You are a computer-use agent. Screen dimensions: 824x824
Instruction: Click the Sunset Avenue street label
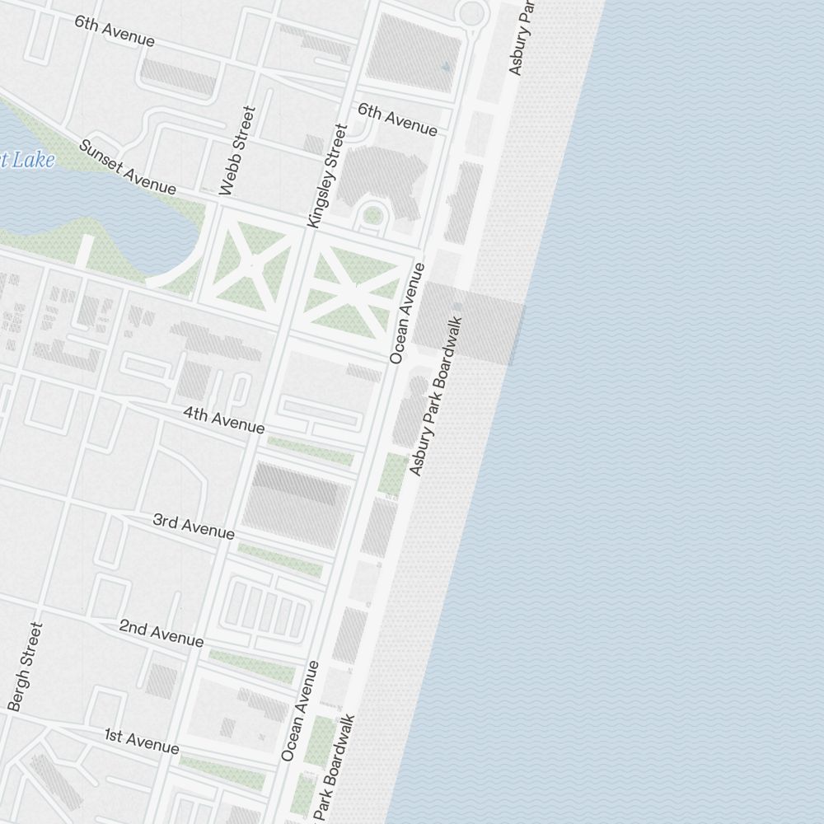coord(127,167)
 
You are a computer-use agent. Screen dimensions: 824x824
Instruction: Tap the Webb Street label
coord(237,150)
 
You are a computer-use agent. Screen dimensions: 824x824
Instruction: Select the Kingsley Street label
coord(328,176)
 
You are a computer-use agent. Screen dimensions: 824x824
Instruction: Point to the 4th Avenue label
coord(224,420)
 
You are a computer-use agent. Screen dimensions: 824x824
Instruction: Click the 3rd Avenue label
coord(194,527)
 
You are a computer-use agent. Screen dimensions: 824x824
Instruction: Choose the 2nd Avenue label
coord(161,633)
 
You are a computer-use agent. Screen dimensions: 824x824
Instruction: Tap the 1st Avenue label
coord(142,740)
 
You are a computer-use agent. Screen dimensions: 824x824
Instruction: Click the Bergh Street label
coord(25,666)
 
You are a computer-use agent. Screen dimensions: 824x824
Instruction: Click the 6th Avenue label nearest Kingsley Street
coord(397,119)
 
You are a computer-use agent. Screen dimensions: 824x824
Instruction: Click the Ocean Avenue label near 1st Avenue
coord(299,710)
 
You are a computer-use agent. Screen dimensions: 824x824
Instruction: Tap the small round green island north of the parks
coord(372,216)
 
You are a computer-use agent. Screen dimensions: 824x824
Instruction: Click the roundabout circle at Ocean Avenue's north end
coord(472,12)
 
